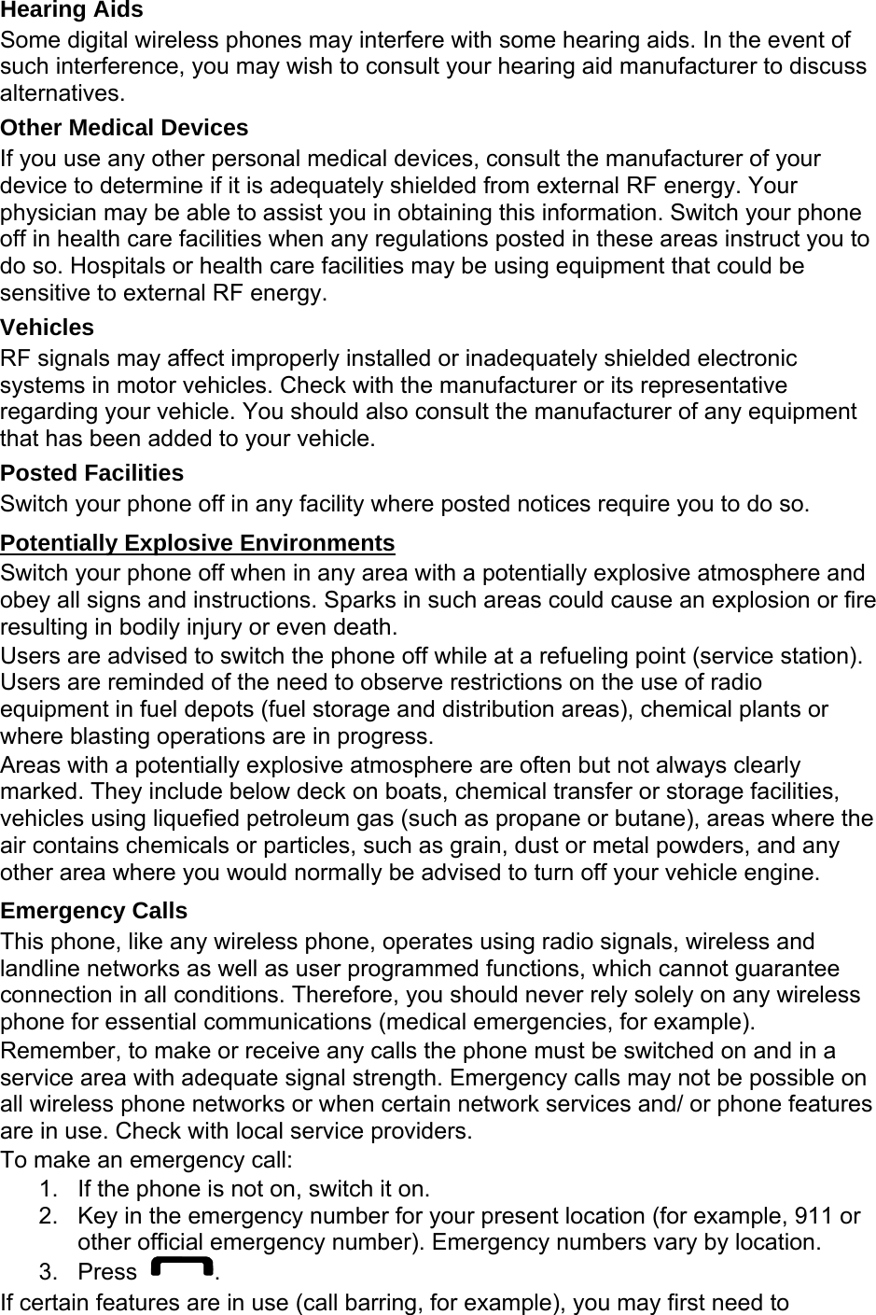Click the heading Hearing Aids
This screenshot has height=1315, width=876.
tap(72, 10)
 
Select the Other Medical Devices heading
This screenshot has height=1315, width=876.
tap(124, 128)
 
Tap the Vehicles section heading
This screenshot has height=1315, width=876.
tap(48, 328)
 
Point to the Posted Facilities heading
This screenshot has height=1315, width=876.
tap(92, 473)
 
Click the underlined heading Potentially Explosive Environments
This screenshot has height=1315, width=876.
tap(198, 543)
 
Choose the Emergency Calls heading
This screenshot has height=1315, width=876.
tap(94, 911)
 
